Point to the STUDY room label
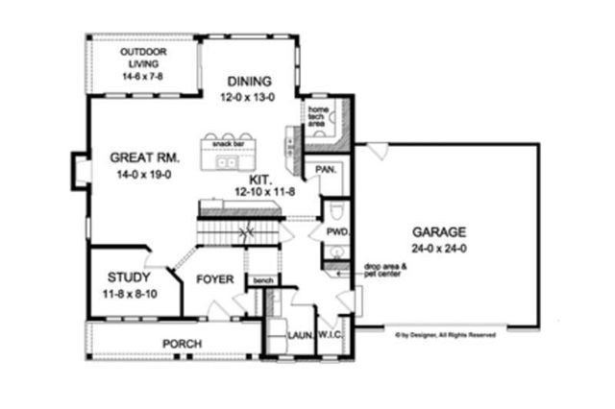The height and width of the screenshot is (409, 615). pos(127,277)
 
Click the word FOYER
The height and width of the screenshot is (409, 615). pos(216,279)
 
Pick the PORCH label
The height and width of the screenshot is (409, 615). pos(180,343)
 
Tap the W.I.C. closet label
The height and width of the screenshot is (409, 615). pos(336,335)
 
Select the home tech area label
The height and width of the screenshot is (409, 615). pos(319,117)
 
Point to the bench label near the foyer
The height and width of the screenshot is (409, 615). pos(261,280)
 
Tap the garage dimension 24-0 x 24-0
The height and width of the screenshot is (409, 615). pos(439,248)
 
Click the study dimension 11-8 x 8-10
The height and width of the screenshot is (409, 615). pos(128,292)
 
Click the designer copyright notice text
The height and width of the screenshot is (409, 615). pos(444,336)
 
